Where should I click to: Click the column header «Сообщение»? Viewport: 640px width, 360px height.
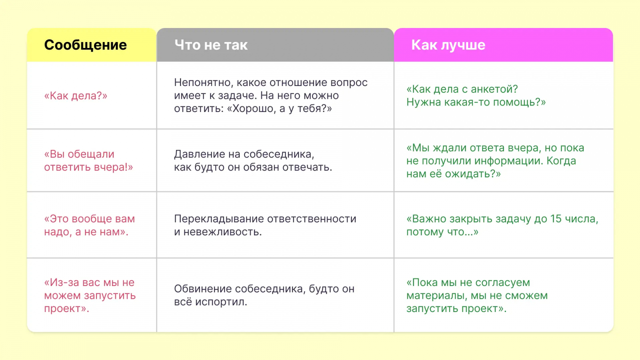tap(86, 45)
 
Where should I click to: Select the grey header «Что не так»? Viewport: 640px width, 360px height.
tap(211, 45)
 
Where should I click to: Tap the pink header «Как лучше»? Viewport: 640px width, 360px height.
tap(448, 45)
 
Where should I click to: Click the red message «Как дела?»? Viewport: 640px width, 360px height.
tap(76, 96)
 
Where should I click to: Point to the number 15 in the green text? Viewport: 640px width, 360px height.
tap(556, 219)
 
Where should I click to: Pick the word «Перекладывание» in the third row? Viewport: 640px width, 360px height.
tap(218, 219)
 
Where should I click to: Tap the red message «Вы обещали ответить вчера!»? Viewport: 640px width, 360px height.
tap(88, 160)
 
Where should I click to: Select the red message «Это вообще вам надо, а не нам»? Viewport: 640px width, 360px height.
tap(90, 226)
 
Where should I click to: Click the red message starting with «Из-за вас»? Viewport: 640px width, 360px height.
tap(90, 296)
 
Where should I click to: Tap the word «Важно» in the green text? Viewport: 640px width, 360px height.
tap(429, 219)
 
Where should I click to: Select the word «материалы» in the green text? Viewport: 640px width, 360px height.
tap(436, 296)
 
